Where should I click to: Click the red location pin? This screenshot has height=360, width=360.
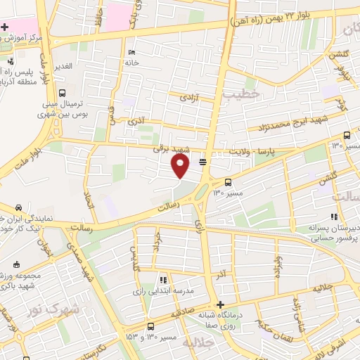pos(181,165)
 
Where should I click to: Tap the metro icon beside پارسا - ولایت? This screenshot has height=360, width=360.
pos(203,162)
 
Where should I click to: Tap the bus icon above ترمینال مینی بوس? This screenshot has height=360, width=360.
pos(63,93)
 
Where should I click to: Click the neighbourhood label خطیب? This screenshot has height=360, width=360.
pos(241,94)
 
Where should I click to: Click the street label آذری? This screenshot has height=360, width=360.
pos(136,121)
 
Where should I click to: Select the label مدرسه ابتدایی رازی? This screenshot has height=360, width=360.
pos(164,290)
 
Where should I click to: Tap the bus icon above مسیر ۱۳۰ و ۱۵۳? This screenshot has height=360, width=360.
pos(151,327)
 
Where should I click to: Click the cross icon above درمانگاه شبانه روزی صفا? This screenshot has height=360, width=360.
pos(221,305)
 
